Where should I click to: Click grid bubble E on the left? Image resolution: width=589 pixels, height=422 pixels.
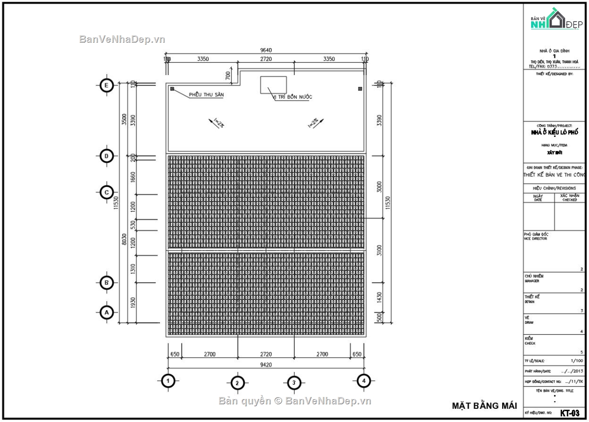click(107, 85)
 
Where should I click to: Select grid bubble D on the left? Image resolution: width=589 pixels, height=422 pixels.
click(107, 156)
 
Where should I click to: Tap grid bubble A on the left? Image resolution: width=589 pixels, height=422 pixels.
click(107, 312)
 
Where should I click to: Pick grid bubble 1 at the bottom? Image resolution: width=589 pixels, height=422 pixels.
click(168, 380)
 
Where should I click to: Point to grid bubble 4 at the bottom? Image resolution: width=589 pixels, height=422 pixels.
click(363, 380)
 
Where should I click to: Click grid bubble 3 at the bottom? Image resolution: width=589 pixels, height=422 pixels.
click(294, 382)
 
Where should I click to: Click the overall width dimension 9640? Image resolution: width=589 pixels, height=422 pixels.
click(266, 50)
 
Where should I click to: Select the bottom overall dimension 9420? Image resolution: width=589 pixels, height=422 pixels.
click(266, 365)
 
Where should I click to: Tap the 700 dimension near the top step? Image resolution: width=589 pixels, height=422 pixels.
click(228, 75)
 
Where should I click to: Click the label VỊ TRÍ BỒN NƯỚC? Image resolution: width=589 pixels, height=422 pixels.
click(293, 97)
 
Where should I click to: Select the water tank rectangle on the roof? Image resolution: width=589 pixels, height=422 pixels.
click(273, 84)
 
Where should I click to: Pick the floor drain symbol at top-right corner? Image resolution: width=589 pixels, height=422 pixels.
click(360, 89)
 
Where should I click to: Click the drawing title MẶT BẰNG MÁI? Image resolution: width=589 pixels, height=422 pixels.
click(484, 406)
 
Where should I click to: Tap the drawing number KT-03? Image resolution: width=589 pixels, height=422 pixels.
click(570, 413)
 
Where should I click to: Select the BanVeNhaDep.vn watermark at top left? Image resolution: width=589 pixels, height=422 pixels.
click(122, 39)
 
